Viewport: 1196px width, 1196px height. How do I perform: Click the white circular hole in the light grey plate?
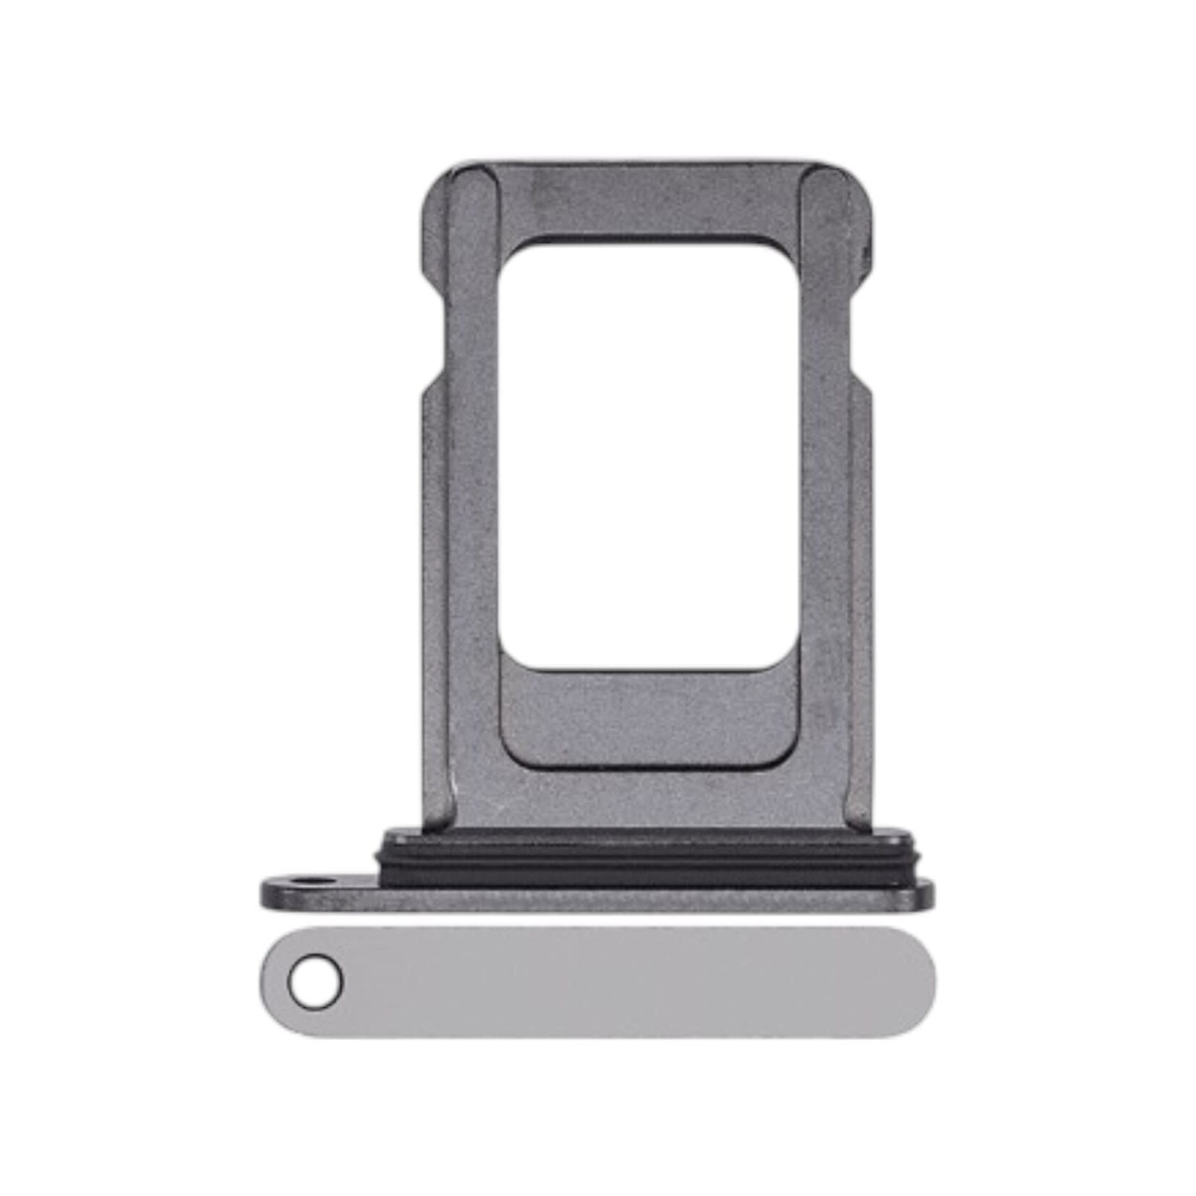[315, 982]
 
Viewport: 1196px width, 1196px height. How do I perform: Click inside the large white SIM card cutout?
[648, 456]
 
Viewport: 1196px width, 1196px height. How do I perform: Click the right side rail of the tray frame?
[825, 507]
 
